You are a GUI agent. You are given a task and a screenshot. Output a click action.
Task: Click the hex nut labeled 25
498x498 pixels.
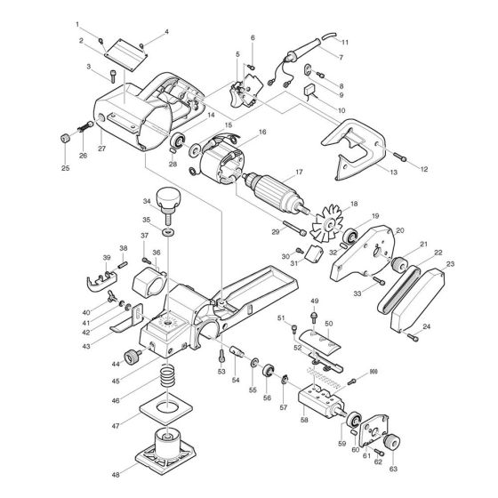click(x=66, y=139)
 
